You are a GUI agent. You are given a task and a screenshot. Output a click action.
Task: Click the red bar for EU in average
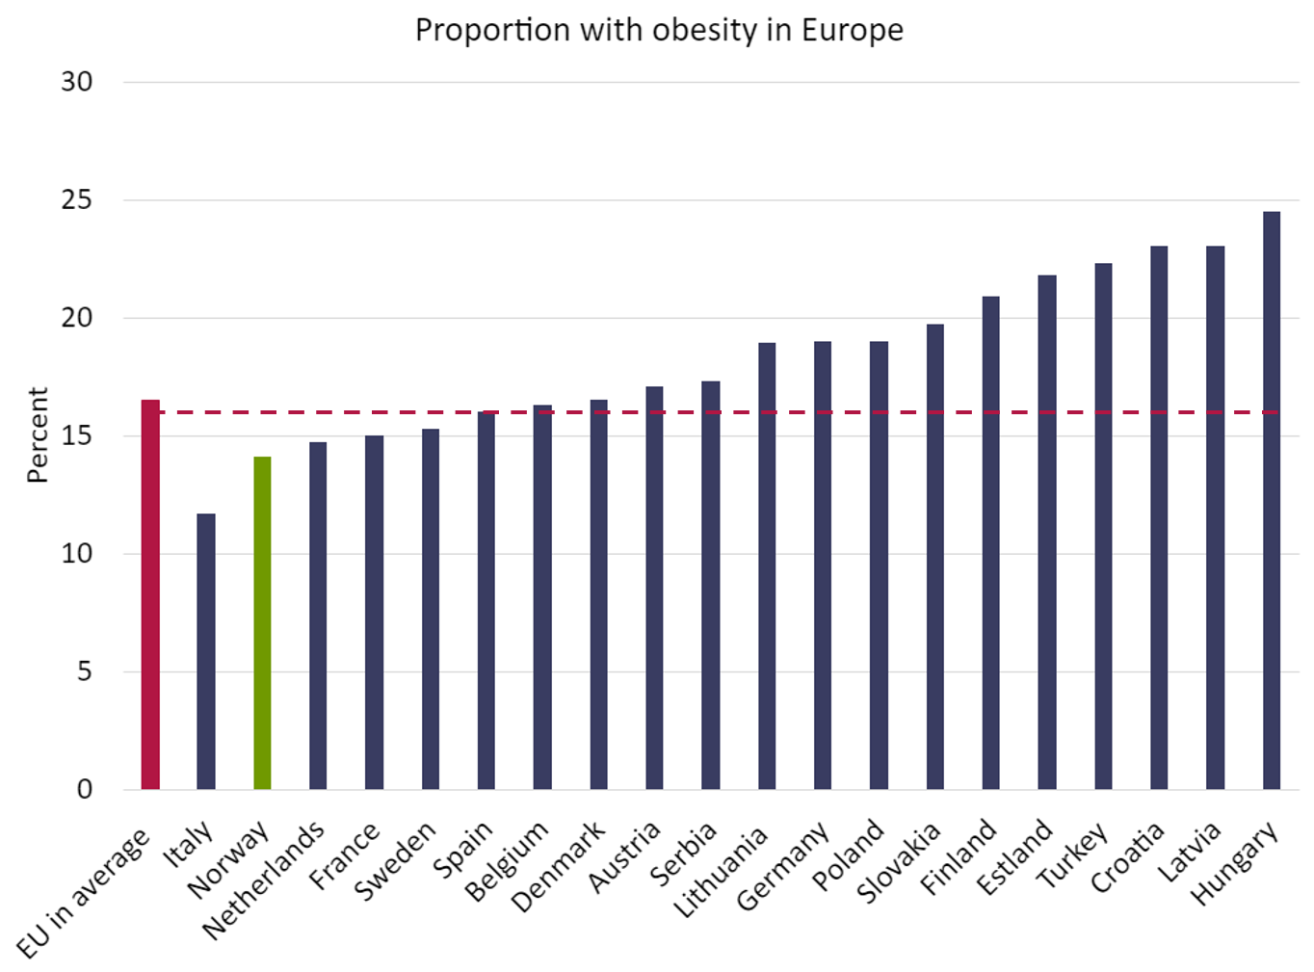click(x=150, y=594)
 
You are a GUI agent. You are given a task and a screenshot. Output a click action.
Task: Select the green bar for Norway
click(x=262, y=623)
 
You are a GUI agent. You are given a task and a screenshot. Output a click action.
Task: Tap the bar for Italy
click(x=206, y=651)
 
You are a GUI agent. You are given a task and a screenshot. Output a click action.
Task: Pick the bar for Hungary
click(x=1272, y=500)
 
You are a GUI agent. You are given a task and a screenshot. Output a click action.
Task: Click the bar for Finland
click(x=990, y=543)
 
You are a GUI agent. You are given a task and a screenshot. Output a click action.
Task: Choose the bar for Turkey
click(x=1103, y=526)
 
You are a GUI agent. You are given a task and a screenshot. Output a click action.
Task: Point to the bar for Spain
click(x=486, y=600)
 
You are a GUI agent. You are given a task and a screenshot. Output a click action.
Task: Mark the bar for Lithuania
click(x=767, y=566)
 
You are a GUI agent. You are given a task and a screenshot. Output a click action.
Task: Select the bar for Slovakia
click(x=934, y=557)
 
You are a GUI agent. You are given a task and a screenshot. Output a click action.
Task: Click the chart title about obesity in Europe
click(x=659, y=30)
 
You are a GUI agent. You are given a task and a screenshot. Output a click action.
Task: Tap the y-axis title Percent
click(x=37, y=435)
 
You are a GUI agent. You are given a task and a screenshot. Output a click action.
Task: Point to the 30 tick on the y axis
click(x=76, y=82)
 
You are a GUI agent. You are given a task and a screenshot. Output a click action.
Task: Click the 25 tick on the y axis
click(x=76, y=199)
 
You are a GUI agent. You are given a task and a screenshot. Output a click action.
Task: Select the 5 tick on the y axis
click(x=84, y=671)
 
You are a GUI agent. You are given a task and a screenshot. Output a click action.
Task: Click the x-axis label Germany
click(x=782, y=866)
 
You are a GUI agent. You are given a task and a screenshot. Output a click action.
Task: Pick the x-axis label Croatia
click(x=1128, y=857)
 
